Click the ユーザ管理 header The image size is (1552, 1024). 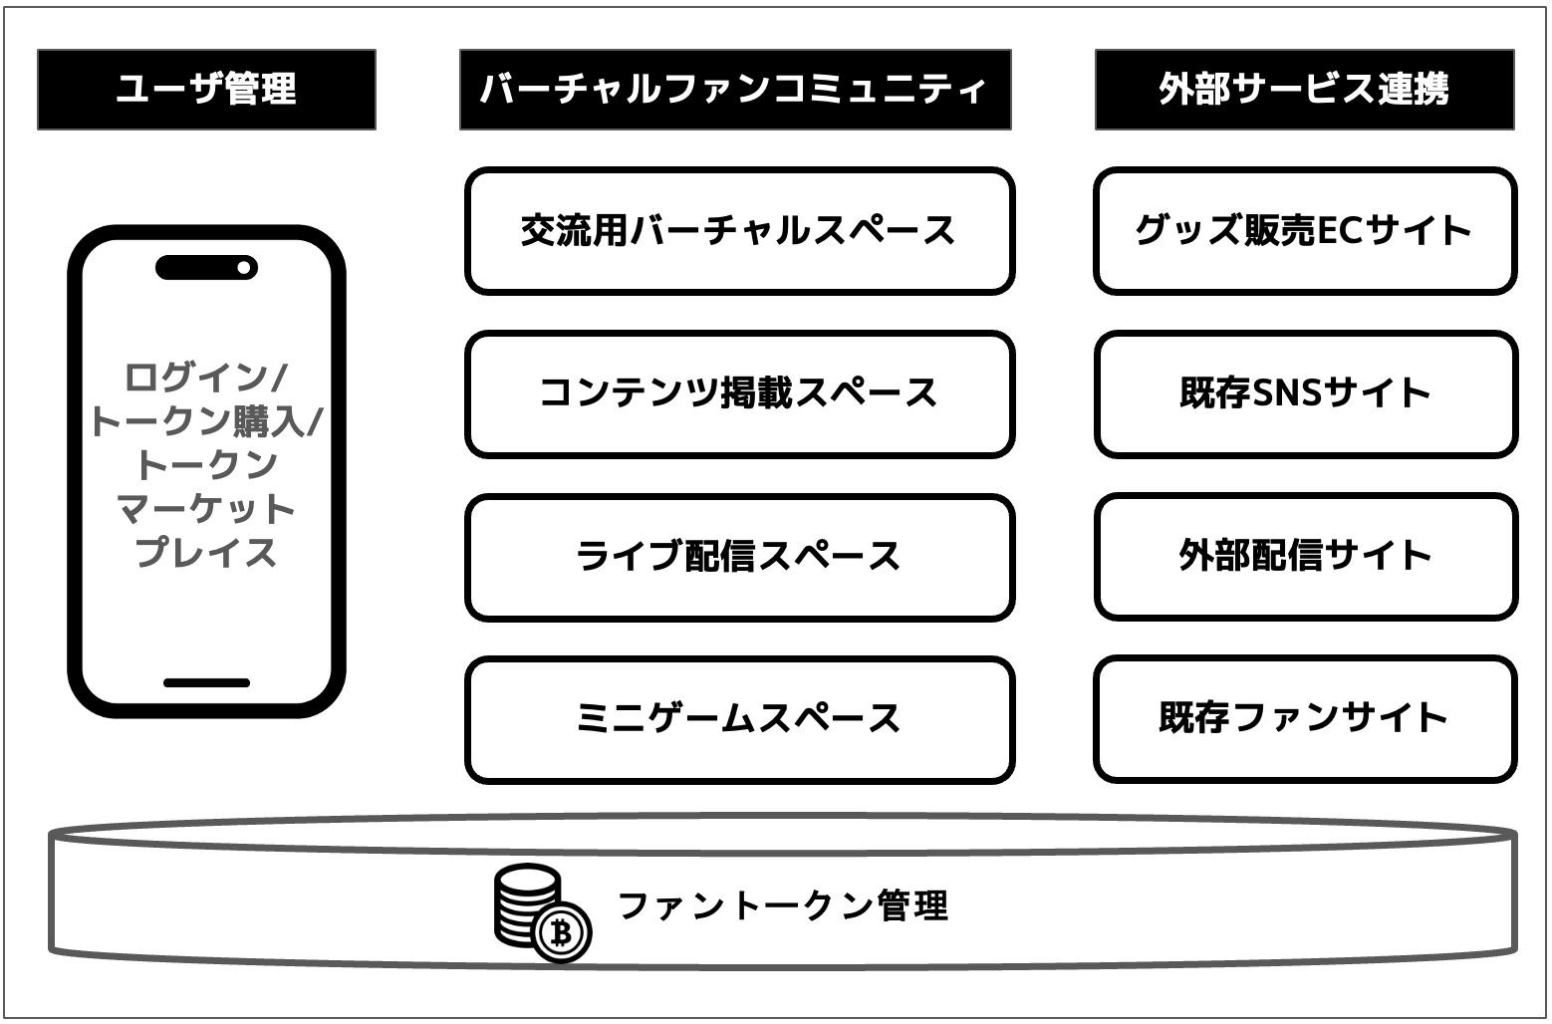[206, 90]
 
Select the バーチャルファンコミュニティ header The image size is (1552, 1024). [735, 90]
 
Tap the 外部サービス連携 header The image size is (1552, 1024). [1304, 90]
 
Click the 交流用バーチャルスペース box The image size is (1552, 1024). [739, 231]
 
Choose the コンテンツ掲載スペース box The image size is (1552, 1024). [739, 393]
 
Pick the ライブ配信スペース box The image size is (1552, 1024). [739, 556]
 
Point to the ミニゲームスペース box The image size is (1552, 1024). [739, 718]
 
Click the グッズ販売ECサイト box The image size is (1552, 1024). [1305, 231]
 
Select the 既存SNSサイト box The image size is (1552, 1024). [1305, 393]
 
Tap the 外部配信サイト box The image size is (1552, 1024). [1305, 556]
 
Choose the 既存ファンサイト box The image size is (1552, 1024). [1305, 718]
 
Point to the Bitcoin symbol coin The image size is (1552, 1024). [562, 933]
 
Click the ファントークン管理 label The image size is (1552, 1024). [783, 905]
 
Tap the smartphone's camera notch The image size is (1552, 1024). [206, 268]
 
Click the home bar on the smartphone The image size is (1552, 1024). [206, 683]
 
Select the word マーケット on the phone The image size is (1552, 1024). [206, 509]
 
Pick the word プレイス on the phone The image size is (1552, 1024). [206, 552]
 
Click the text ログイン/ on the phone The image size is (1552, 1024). [206, 378]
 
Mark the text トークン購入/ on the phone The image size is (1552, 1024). [206, 421]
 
